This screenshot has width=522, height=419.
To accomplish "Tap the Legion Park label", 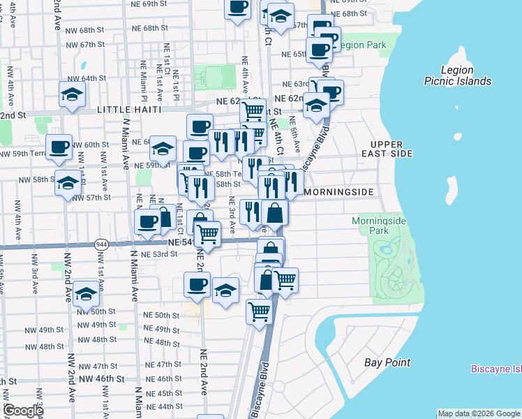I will (x=362, y=45).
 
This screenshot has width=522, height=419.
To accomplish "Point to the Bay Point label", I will (x=387, y=362).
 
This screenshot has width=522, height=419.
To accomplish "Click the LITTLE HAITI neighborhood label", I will (x=130, y=110).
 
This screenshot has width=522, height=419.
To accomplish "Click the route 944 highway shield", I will (x=100, y=244).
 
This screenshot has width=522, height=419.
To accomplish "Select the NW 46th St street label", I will (x=98, y=378).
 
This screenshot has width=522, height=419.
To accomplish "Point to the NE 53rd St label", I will (x=159, y=254).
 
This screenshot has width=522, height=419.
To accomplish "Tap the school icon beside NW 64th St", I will (x=72, y=94).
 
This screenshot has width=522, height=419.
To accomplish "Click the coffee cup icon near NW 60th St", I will (x=60, y=147).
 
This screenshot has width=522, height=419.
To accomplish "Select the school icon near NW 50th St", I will (x=86, y=294).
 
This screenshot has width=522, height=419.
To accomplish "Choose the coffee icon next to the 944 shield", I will (x=147, y=222).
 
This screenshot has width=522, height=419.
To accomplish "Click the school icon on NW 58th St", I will (x=68, y=183).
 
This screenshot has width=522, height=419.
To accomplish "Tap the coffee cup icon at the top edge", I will (x=237, y=7).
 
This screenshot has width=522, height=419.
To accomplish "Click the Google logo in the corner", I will (x=22, y=411).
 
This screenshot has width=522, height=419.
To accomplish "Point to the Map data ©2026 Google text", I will (x=479, y=413).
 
